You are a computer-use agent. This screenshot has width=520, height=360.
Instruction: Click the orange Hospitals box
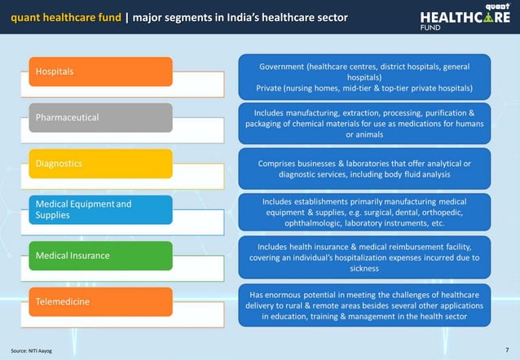pyautogui.click(x=101, y=72)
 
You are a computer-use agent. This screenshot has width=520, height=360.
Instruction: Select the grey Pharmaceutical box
pyautogui.click(x=101, y=117)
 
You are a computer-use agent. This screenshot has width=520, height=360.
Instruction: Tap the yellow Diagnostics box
pyautogui.click(x=101, y=163)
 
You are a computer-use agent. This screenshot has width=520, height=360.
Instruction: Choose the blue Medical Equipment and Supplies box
pyautogui.click(x=101, y=209)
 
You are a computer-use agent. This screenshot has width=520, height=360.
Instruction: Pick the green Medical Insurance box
pyautogui.click(x=101, y=256)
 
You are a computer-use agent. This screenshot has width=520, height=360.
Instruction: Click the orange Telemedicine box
pyautogui.click(x=101, y=302)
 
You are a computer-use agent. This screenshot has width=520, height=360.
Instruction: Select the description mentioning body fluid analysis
pyautogui.click(x=364, y=169)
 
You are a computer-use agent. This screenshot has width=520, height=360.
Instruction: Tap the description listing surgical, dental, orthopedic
pyautogui.click(x=364, y=212)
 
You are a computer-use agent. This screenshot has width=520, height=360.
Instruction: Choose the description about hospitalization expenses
pyautogui.click(x=364, y=257)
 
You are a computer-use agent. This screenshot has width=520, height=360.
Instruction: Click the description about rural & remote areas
pyautogui.click(x=364, y=305)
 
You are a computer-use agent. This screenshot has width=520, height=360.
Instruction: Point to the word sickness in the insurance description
pyautogui.click(x=364, y=268)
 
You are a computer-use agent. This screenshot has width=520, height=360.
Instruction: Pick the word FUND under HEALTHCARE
pyautogui.click(x=430, y=27)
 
